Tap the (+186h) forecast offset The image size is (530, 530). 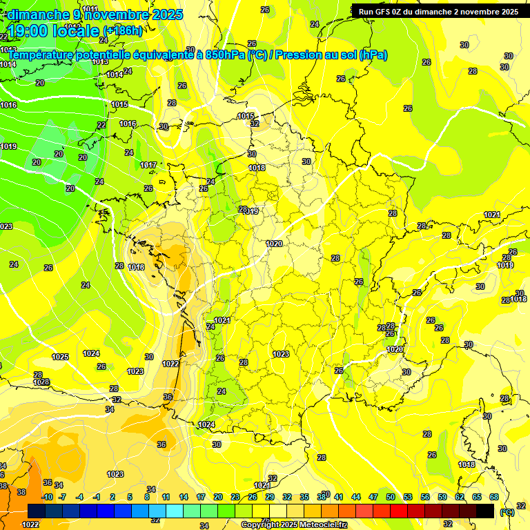point(123,31)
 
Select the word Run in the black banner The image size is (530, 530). point(366,12)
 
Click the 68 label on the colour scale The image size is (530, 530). point(493,497)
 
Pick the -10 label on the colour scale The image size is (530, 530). point(47,497)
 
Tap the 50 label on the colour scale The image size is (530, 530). point(390,497)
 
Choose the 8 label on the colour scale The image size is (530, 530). point(147,497)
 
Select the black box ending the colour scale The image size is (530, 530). point(485,511)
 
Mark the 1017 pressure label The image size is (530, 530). point(148,165)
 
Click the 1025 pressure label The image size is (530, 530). point(60,357)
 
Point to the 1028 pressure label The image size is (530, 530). point(42,382)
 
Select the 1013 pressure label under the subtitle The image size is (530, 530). point(100,62)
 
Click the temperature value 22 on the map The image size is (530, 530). point(101,125)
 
